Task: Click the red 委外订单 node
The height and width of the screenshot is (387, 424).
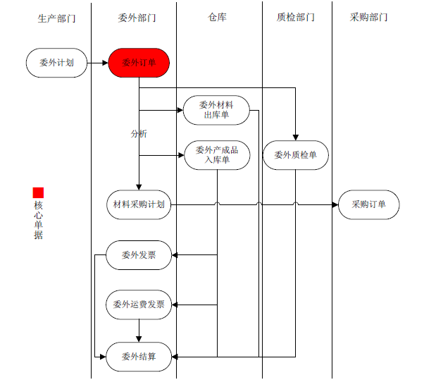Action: point(139,63)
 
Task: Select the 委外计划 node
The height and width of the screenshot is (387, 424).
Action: point(56,63)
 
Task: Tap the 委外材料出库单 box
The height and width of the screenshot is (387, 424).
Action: point(216,110)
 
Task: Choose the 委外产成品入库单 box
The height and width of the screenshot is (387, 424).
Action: point(216,155)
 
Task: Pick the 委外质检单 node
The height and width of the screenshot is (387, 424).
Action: point(295,155)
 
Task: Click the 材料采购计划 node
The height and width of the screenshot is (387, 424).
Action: point(139,204)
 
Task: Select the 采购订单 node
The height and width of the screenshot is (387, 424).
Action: point(369,204)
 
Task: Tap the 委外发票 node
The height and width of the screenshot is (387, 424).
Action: point(139,254)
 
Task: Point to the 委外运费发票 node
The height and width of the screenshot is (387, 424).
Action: point(139,305)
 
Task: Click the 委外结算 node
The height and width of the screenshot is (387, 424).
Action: point(139,356)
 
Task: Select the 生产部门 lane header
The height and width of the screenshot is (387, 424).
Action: point(56,18)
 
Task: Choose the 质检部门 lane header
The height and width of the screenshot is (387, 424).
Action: point(296,18)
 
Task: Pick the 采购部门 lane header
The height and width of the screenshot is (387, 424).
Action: point(368,18)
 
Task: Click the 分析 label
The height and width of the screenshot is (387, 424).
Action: point(139,133)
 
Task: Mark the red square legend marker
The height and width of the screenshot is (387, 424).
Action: point(38,192)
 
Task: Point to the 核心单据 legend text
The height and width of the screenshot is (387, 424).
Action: point(38,220)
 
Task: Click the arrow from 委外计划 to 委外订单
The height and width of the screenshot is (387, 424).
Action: point(97,63)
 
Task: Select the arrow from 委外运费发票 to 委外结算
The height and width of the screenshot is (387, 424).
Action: point(139,330)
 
